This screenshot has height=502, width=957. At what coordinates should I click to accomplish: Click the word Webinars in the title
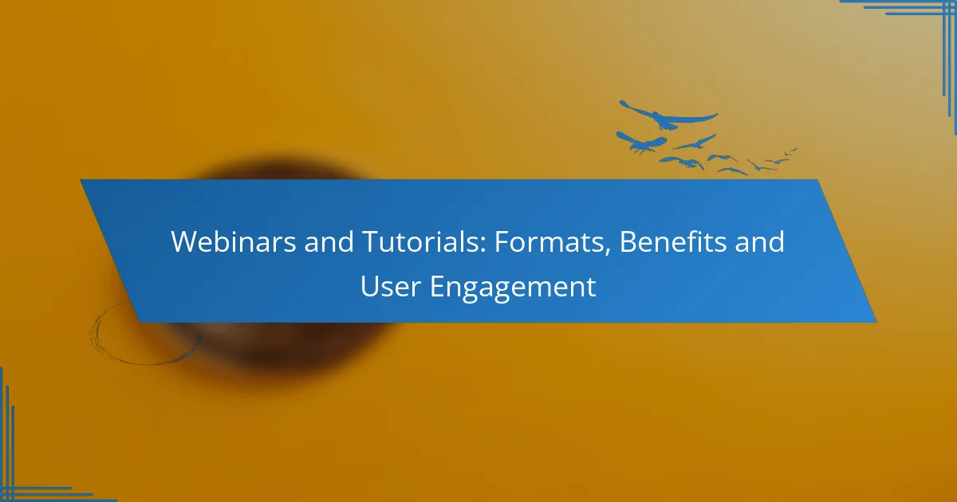pos(233,241)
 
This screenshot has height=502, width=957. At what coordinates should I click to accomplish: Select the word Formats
pos(548,241)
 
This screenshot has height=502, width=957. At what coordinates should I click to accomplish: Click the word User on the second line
pos(391,286)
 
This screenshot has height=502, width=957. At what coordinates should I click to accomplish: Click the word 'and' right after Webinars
pos(329,241)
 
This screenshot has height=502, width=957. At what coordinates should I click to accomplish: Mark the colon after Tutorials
pos(483,245)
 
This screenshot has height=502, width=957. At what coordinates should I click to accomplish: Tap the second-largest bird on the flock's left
pos(641,143)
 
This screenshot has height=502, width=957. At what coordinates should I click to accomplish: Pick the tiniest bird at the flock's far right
pos(794,150)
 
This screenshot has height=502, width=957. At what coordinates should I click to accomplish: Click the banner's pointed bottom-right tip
pos(876,322)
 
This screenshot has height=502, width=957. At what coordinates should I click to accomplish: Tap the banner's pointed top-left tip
pos(81,180)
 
